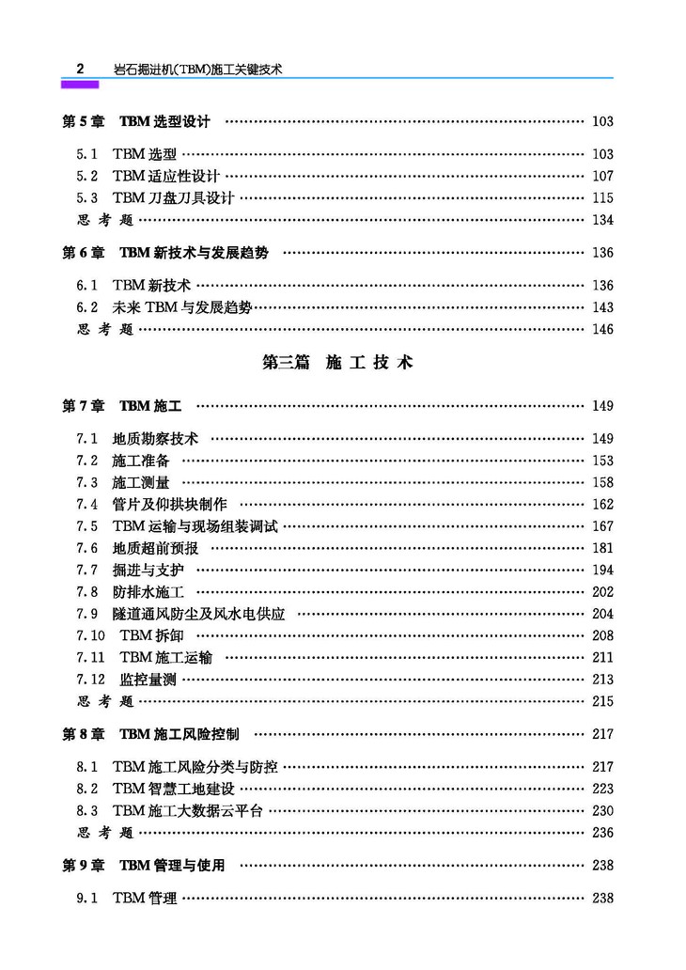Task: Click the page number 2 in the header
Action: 80,69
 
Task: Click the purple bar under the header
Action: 80,84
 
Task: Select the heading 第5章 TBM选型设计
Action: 135,121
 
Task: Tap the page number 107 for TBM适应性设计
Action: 602,176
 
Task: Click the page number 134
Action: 602,220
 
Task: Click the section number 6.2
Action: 87,307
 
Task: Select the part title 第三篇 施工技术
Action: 337,363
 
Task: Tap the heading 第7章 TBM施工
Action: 121,406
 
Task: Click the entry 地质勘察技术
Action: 155,439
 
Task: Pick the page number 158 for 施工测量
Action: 602,482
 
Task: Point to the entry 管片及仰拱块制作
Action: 169,505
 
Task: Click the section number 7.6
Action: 87,548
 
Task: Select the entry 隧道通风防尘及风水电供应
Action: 197,614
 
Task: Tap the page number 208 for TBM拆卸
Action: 602,635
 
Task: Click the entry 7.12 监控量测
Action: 126,680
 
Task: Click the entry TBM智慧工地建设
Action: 174,789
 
